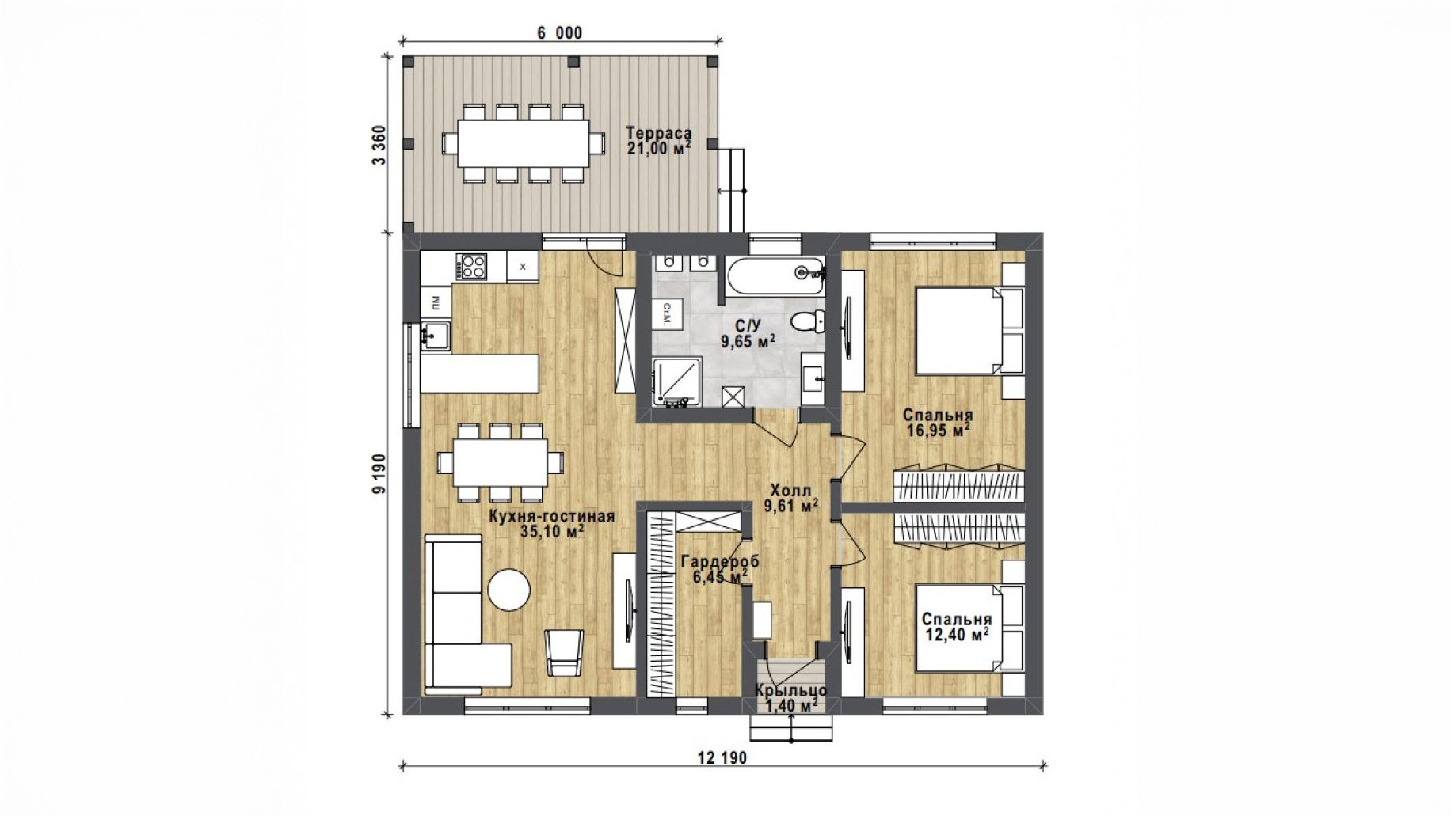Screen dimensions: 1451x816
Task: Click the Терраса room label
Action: tap(658, 133)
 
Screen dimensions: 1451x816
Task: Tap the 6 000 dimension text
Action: tap(559, 32)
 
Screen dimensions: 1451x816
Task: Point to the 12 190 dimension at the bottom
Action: tap(722, 757)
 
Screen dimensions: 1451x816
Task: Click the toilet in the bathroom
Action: tap(807, 321)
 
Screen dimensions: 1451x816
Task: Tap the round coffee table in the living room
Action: tap(508, 590)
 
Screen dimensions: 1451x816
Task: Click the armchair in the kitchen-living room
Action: tap(564, 653)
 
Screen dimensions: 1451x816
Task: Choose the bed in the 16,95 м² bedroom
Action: tap(969, 330)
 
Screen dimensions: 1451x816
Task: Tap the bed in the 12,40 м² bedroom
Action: tap(969, 628)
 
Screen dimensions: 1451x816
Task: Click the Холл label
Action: tap(790, 491)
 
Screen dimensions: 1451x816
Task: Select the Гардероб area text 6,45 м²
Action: tap(721, 577)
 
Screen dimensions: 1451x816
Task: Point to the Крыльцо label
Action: tap(790, 690)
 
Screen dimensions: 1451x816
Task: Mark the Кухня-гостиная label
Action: tap(551, 516)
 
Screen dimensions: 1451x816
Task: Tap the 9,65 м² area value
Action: tap(748, 341)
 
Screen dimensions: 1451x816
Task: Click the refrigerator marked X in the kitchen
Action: tap(522, 267)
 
